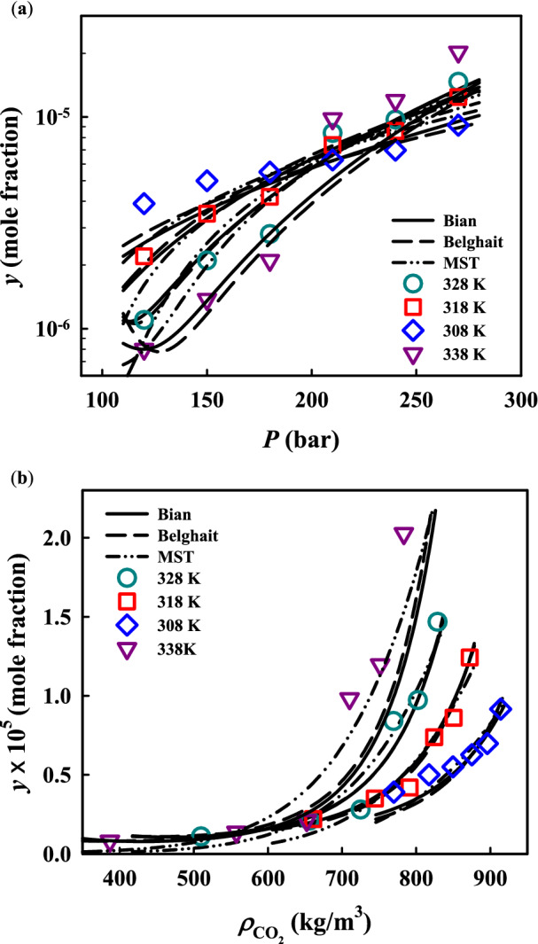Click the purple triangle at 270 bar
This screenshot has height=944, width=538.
pyautogui.click(x=458, y=54)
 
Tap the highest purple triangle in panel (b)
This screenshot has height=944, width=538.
pyautogui.click(x=403, y=535)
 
